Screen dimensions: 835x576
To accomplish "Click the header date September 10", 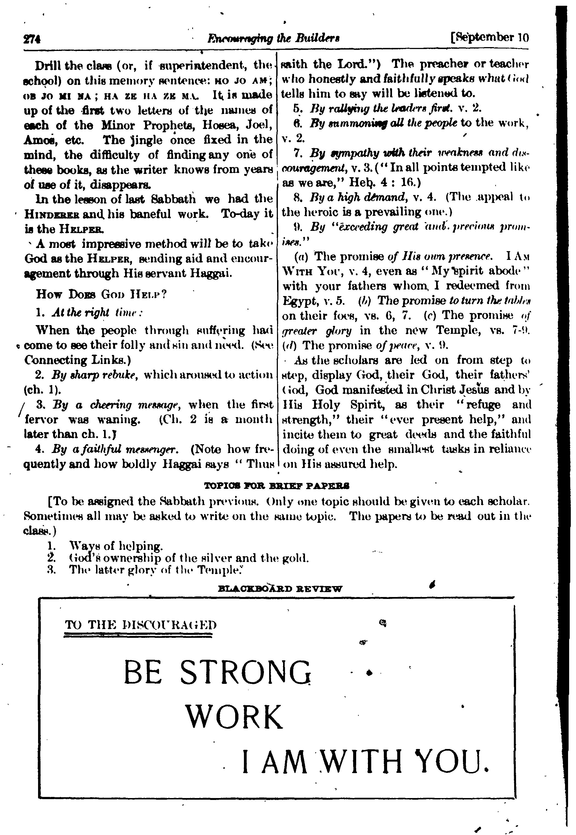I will (x=490, y=38).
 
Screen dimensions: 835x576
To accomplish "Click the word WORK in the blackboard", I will (x=234, y=717).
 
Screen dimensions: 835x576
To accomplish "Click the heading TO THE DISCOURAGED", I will (x=141, y=624).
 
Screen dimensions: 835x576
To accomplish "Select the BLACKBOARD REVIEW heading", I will (x=280, y=589).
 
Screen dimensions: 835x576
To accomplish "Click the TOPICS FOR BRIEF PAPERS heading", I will (x=277, y=486).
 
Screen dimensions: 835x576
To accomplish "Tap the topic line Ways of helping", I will (x=116, y=546).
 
